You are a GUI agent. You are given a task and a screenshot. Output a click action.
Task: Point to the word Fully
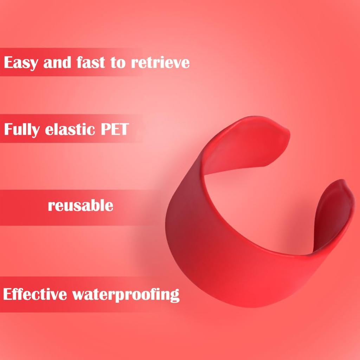click(21, 130)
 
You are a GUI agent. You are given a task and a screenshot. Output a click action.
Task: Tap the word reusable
click(81, 205)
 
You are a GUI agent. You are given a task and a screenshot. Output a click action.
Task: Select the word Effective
click(35, 294)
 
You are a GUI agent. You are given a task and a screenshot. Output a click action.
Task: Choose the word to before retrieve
click(118, 63)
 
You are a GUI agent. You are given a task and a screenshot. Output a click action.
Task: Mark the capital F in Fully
click(9, 129)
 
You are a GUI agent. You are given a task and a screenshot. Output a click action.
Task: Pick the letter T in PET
click(123, 129)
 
